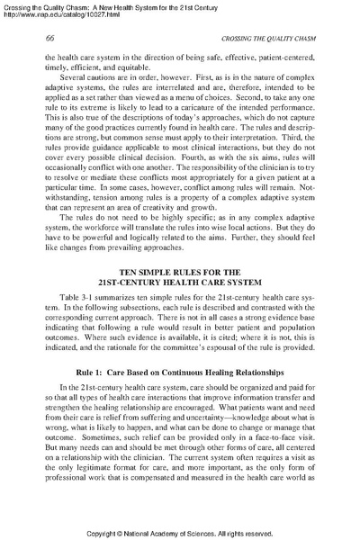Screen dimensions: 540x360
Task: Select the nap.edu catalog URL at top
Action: click(56, 15)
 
